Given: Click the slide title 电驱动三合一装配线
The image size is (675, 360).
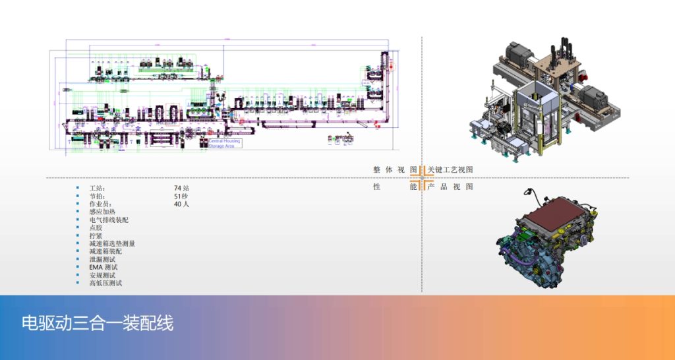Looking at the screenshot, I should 98,324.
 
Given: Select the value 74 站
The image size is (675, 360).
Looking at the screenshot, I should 181,189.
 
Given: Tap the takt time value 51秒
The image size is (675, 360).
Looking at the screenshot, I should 181,196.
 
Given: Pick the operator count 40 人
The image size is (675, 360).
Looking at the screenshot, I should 181,204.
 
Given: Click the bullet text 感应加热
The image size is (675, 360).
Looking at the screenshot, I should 102,212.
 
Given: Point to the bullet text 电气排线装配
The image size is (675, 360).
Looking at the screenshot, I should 109,220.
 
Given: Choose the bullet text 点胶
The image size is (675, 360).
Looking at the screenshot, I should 96,228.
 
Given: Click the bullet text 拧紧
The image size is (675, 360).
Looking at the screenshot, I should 96,236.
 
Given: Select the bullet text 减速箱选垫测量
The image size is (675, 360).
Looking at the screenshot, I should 112,244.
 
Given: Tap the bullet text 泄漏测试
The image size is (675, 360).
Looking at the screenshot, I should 102,260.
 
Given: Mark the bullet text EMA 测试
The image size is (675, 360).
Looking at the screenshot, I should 103,268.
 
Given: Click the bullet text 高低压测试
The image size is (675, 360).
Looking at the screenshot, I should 105,284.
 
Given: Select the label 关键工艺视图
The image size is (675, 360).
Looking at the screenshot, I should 450,170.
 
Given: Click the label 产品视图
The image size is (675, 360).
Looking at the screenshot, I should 450,187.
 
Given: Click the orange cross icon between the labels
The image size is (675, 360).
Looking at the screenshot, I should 422,178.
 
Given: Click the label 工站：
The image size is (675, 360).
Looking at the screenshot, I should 97,189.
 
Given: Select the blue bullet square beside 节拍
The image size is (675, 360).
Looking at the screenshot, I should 77,196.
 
